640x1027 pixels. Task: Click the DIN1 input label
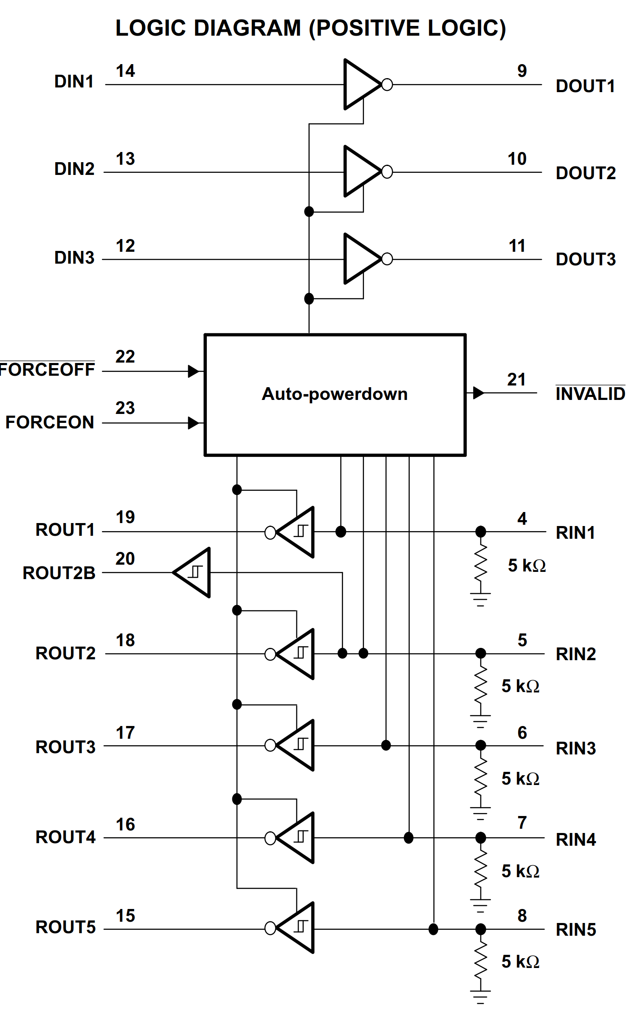(74, 82)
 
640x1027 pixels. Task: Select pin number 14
(125, 71)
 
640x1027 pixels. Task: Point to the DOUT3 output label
(586, 259)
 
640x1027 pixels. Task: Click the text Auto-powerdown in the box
(335, 394)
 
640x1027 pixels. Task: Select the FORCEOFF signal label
(47, 369)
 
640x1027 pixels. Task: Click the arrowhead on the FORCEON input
(193, 423)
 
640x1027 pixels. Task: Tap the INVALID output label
(590, 394)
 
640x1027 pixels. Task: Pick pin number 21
(516, 380)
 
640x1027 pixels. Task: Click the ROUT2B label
(59, 573)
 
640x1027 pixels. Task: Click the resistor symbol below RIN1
(480, 565)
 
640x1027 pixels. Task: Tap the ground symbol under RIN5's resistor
(480, 996)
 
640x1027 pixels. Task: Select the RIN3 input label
(576, 748)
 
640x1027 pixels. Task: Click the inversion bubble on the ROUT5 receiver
(270, 928)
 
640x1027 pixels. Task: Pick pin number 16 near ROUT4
(125, 824)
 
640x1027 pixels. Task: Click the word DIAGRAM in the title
(247, 28)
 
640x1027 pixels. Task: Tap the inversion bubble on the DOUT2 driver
(387, 172)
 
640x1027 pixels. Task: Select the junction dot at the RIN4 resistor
(480, 838)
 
